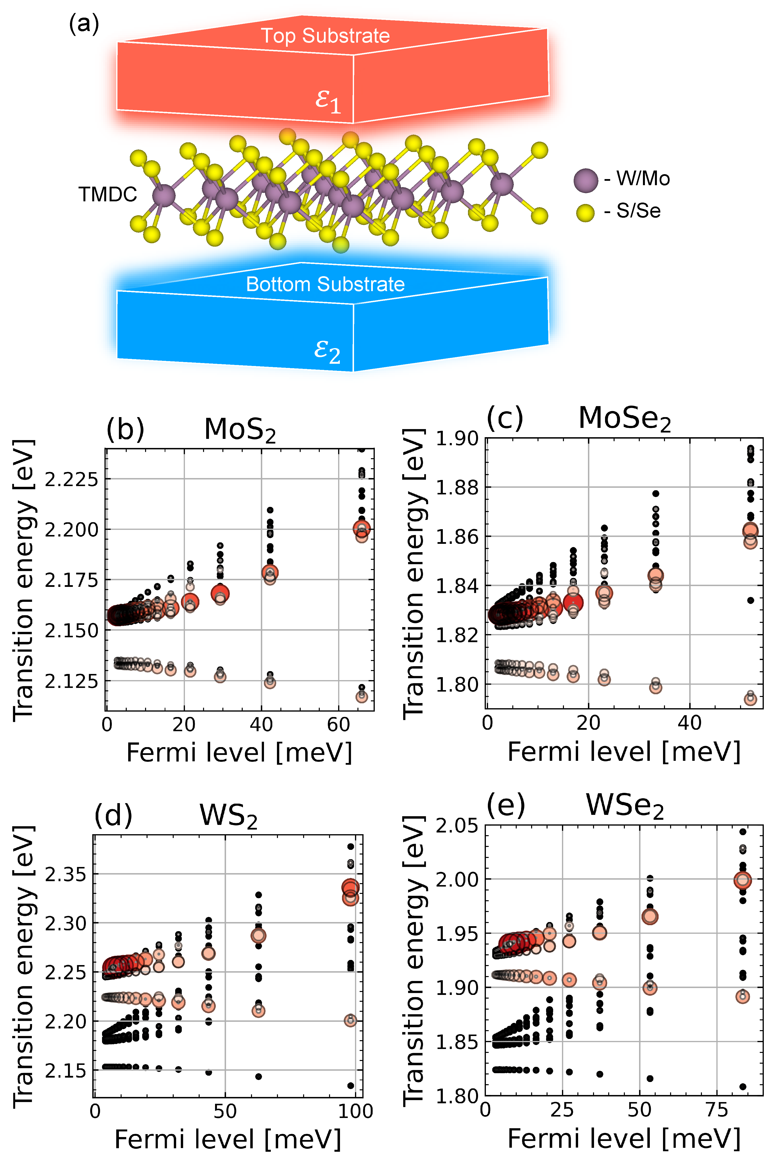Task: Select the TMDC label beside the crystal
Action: point(108,194)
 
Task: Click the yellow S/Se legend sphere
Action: point(585,213)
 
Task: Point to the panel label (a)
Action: point(84,24)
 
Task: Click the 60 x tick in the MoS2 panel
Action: point(339,725)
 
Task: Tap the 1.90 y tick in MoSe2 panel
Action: point(457,439)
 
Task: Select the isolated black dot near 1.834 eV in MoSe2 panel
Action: point(751,600)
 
